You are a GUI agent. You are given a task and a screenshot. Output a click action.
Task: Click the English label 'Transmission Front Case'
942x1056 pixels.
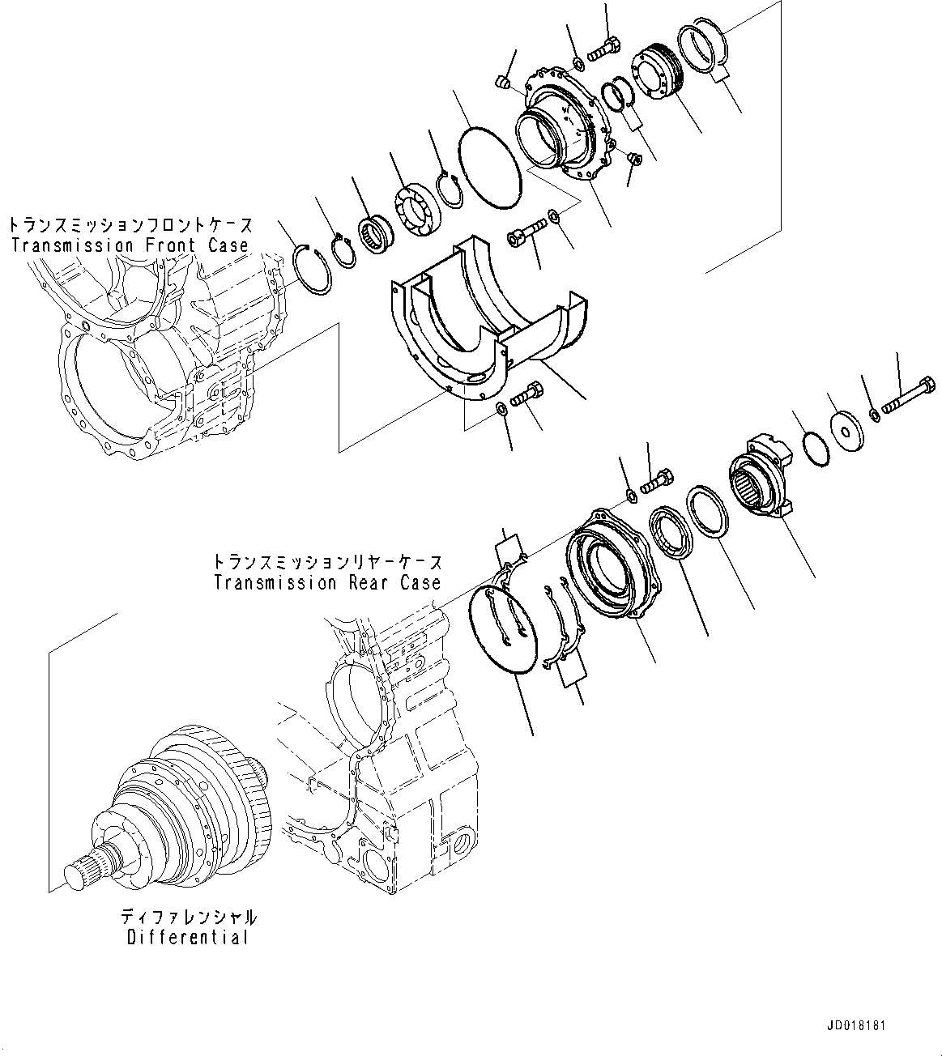pos(130,245)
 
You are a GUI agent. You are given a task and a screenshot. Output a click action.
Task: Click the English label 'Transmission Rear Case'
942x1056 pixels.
pos(328,582)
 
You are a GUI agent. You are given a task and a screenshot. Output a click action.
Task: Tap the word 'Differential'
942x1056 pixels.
pos(186,938)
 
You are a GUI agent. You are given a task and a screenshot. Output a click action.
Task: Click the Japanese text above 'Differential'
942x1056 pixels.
pos(188,918)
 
